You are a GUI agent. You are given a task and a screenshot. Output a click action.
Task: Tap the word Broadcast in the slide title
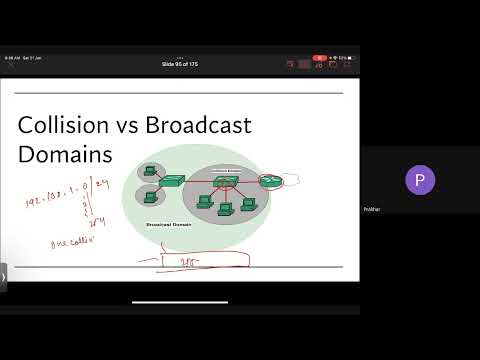(x=199, y=126)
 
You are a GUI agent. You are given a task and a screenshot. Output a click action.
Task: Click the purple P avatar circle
(x=420, y=181)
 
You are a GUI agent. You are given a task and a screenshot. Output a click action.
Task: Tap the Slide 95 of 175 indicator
(x=180, y=64)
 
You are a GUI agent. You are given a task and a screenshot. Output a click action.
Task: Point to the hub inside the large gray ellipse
(x=225, y=182)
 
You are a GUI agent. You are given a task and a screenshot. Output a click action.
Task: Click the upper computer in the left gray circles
(x=150, y=170)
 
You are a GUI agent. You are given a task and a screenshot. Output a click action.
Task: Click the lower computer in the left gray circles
(x=150, y=194)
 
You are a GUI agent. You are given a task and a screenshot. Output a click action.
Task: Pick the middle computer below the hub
(x=225, y=209)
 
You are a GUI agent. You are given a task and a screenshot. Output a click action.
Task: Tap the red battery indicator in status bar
(x=319, y=58)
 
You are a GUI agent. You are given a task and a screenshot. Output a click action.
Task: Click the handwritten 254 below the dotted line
(x=99, y=223)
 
